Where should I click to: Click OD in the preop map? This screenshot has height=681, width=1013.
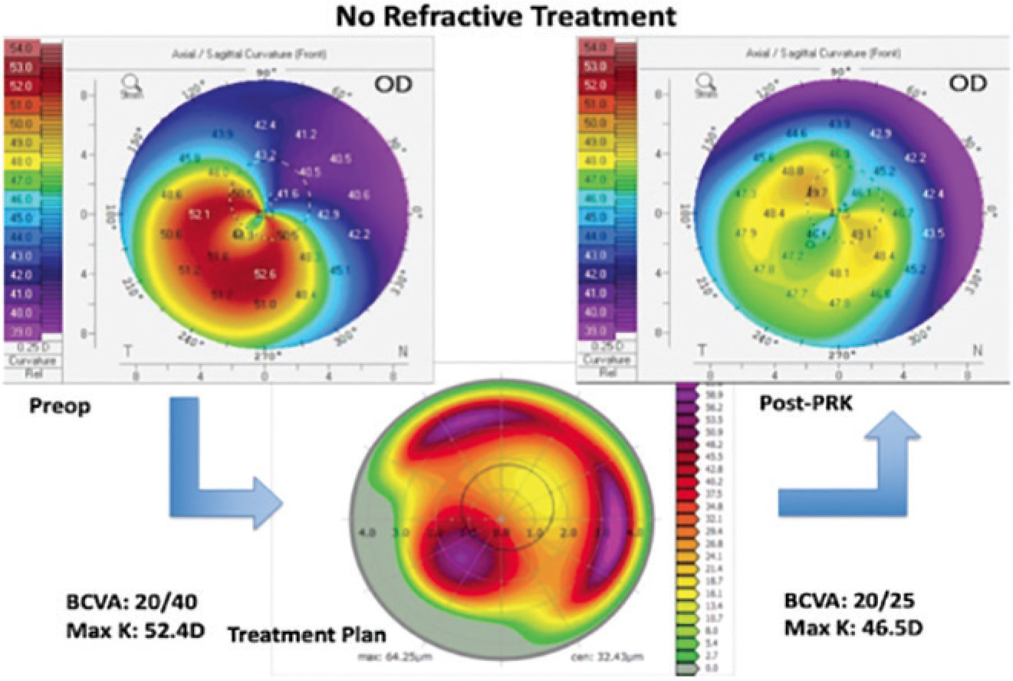387,83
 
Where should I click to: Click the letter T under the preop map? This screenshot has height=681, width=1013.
128,351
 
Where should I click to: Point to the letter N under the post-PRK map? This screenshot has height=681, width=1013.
977,350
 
